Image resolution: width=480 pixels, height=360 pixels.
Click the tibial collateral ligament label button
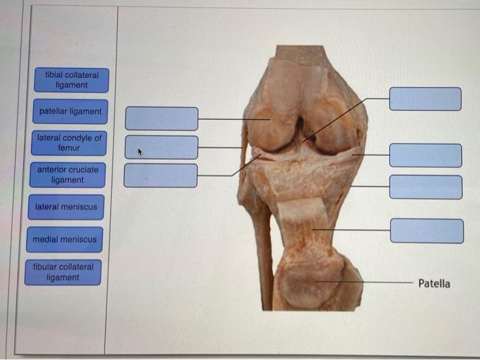coord(71,80)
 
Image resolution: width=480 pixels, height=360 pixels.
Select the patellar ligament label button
coord(71,111)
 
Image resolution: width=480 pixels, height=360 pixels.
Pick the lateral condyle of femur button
coord(69,143)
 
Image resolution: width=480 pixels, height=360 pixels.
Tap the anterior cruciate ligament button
coord(68,175)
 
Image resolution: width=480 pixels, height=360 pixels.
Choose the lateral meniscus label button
coord(66,207)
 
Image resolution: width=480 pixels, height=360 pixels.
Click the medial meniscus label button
coord(64,239)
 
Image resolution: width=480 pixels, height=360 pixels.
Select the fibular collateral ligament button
coord(63,272)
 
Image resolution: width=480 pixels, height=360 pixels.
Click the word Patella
coord(434,284)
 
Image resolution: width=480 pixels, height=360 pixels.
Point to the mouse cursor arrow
coord(140,152)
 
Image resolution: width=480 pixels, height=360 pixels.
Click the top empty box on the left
coord(162,119)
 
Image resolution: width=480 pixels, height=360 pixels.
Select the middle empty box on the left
coord(161,147)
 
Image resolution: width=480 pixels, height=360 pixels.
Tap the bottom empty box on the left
coord(160,176)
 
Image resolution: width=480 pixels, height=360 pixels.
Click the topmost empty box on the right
coord(425,99)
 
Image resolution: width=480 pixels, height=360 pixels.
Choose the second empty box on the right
coord(426,156)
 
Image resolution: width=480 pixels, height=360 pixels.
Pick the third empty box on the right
coord(426,187)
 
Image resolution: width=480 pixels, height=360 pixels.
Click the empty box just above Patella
coord(427,231)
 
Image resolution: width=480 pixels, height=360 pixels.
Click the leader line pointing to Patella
coord(363,282)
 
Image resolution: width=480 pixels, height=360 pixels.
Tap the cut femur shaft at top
coord(300,54)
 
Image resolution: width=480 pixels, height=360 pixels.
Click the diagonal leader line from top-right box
coord(346,120)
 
